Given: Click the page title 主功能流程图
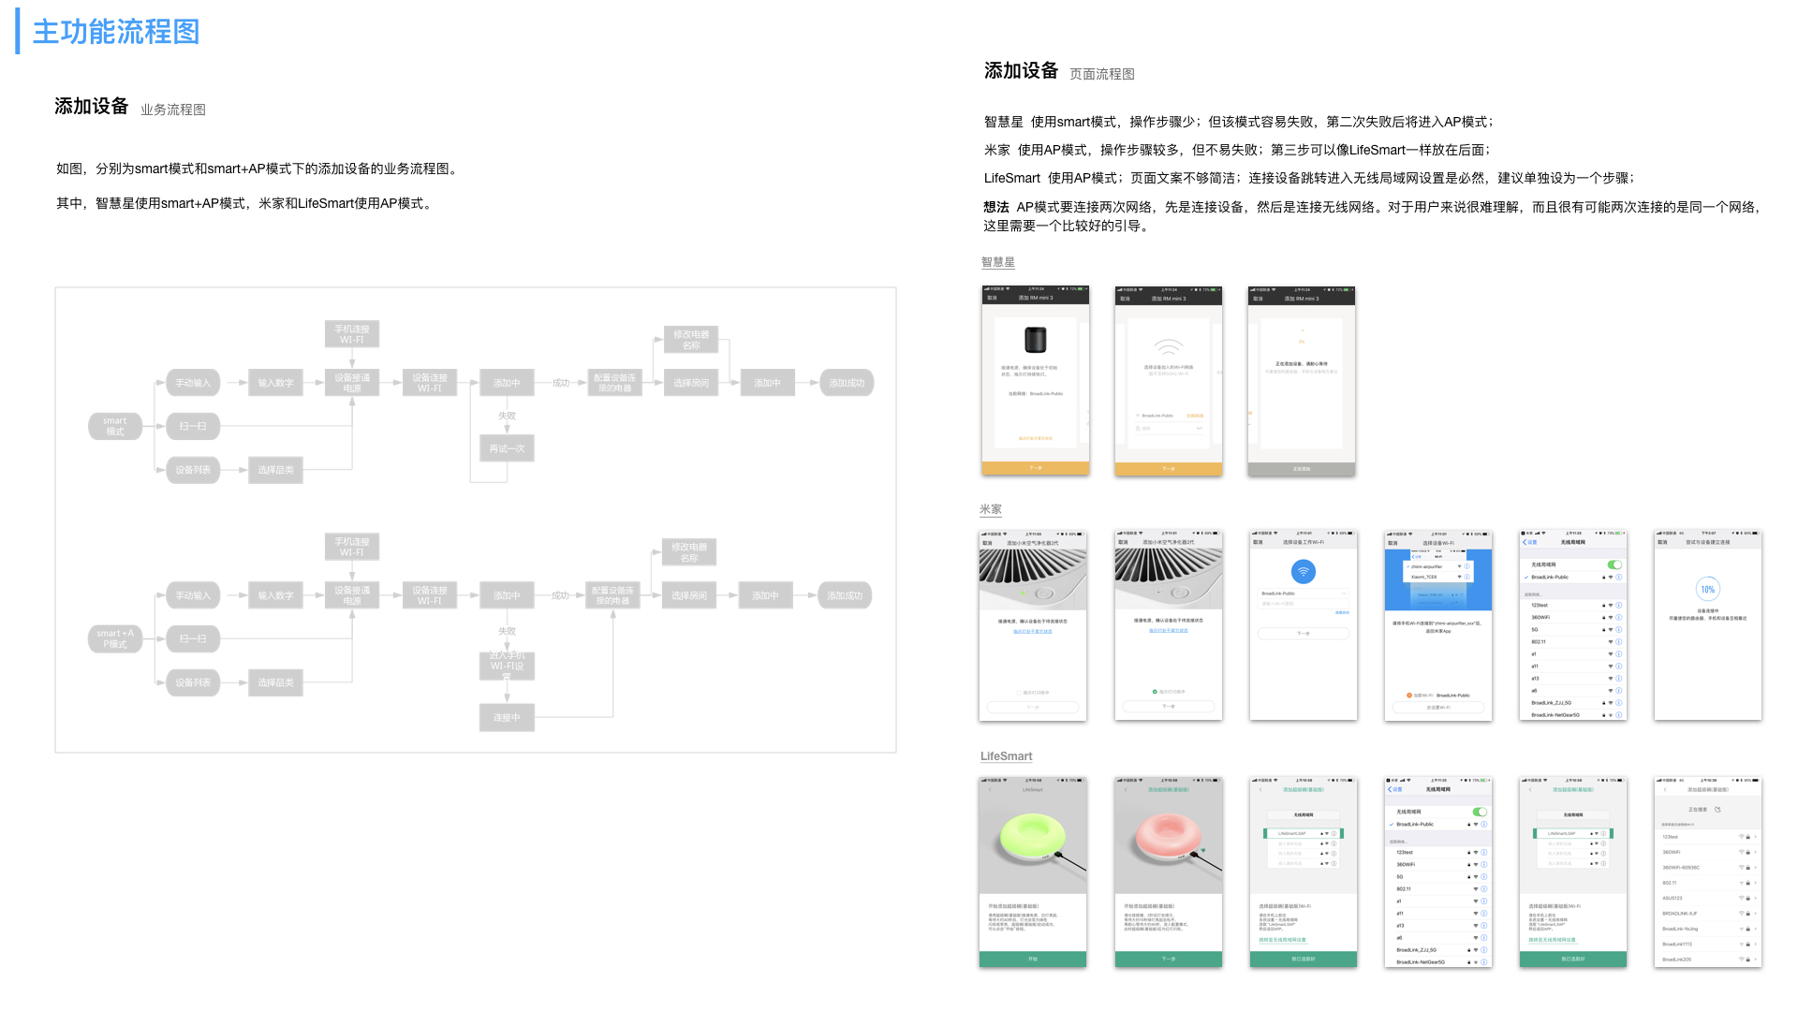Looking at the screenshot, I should pyautogui.click(x=116, y=32).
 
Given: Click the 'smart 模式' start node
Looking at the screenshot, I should pyautogui.click(x=115, y=426).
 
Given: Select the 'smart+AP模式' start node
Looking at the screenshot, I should pyautogui.click(x=115, y=638).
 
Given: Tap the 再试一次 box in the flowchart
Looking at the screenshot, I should pyautogui.click(x=507, y=448).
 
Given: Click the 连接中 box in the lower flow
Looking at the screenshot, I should pyautogui.click(x=507, y=717).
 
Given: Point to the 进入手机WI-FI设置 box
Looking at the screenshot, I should pyautogui.click(x=507, y=666).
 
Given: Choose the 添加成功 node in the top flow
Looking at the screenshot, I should pyautogui.click(x=847, y=383).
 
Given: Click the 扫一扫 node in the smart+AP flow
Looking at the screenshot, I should pyautogui.click(x=193, y=638).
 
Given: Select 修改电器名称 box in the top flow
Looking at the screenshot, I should pyautogui.click(x=691, y=340).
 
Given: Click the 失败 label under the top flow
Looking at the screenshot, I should pyautogui.click(x=507, y=416).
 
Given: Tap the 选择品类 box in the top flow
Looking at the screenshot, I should pyautogui.click(x=275, y=470).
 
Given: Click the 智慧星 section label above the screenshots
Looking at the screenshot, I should pyautogui.click(x=997, y=262).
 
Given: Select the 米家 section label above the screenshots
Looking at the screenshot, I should pyautogui.click(x=990, y=509).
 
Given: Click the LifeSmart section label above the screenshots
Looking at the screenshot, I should pyautogui.click(x=1006, y=756).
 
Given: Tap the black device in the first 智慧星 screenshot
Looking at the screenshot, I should pyautogui.click(x=1035, y=339).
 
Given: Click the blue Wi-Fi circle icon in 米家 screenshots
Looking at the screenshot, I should pyautogui.click(x=1303, y=571).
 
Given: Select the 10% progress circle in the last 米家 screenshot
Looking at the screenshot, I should pyautogui.click(x=1707, y=589).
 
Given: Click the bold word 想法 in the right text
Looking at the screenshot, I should pyautogui.click(x=996, y=207).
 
